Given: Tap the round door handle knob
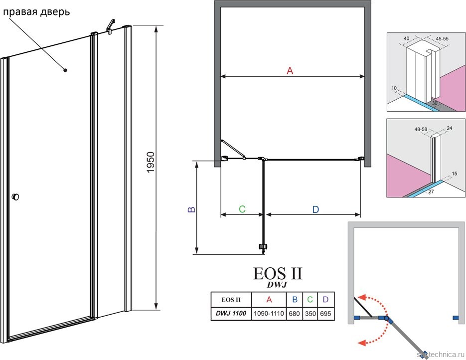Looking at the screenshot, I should [x=16, y=196].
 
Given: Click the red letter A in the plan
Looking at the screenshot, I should [x=290, y=71].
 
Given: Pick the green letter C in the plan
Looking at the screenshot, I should [x=242, y=209].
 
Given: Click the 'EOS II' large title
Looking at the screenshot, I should [x=278, y=274].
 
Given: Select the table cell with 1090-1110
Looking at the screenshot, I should [x=269, y=314].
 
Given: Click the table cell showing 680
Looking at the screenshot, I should [x=295, y=314].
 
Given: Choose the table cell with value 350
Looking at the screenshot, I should [x=310, y=314].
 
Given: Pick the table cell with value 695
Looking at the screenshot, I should [x=325, y=314].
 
